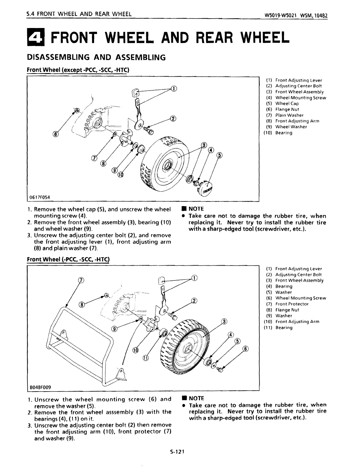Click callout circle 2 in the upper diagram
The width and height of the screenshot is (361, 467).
(173, 119)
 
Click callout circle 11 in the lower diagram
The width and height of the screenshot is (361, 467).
(145, 358)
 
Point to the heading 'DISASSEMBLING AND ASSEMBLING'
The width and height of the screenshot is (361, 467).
(96, 57)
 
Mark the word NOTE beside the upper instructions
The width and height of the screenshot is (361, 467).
(196, 209)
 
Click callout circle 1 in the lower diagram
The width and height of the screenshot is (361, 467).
(194, 278)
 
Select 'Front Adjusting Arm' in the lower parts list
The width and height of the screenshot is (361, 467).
(297, 322)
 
